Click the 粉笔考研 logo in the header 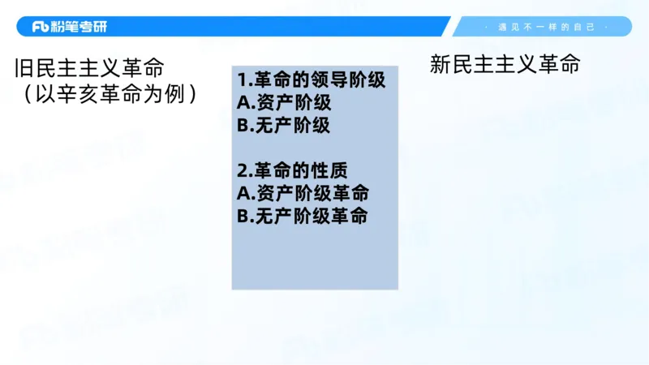pyautogui.click(x=69, y=27)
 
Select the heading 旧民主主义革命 pyautogui.click(x=95, y=68)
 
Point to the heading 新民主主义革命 pyautogui.click(x=505, y=65)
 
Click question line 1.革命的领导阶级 pyautogui.click(x=312, y=80)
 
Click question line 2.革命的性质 pyautogui.click(x=292, y=171)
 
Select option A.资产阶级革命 pyautogui.click(x=303, y=194)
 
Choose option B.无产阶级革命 pyautogui.click(x=303, y=217)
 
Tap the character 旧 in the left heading pyautogui.click(x=23, y=68)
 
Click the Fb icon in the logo pyautogui.click(x=41, y=27)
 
